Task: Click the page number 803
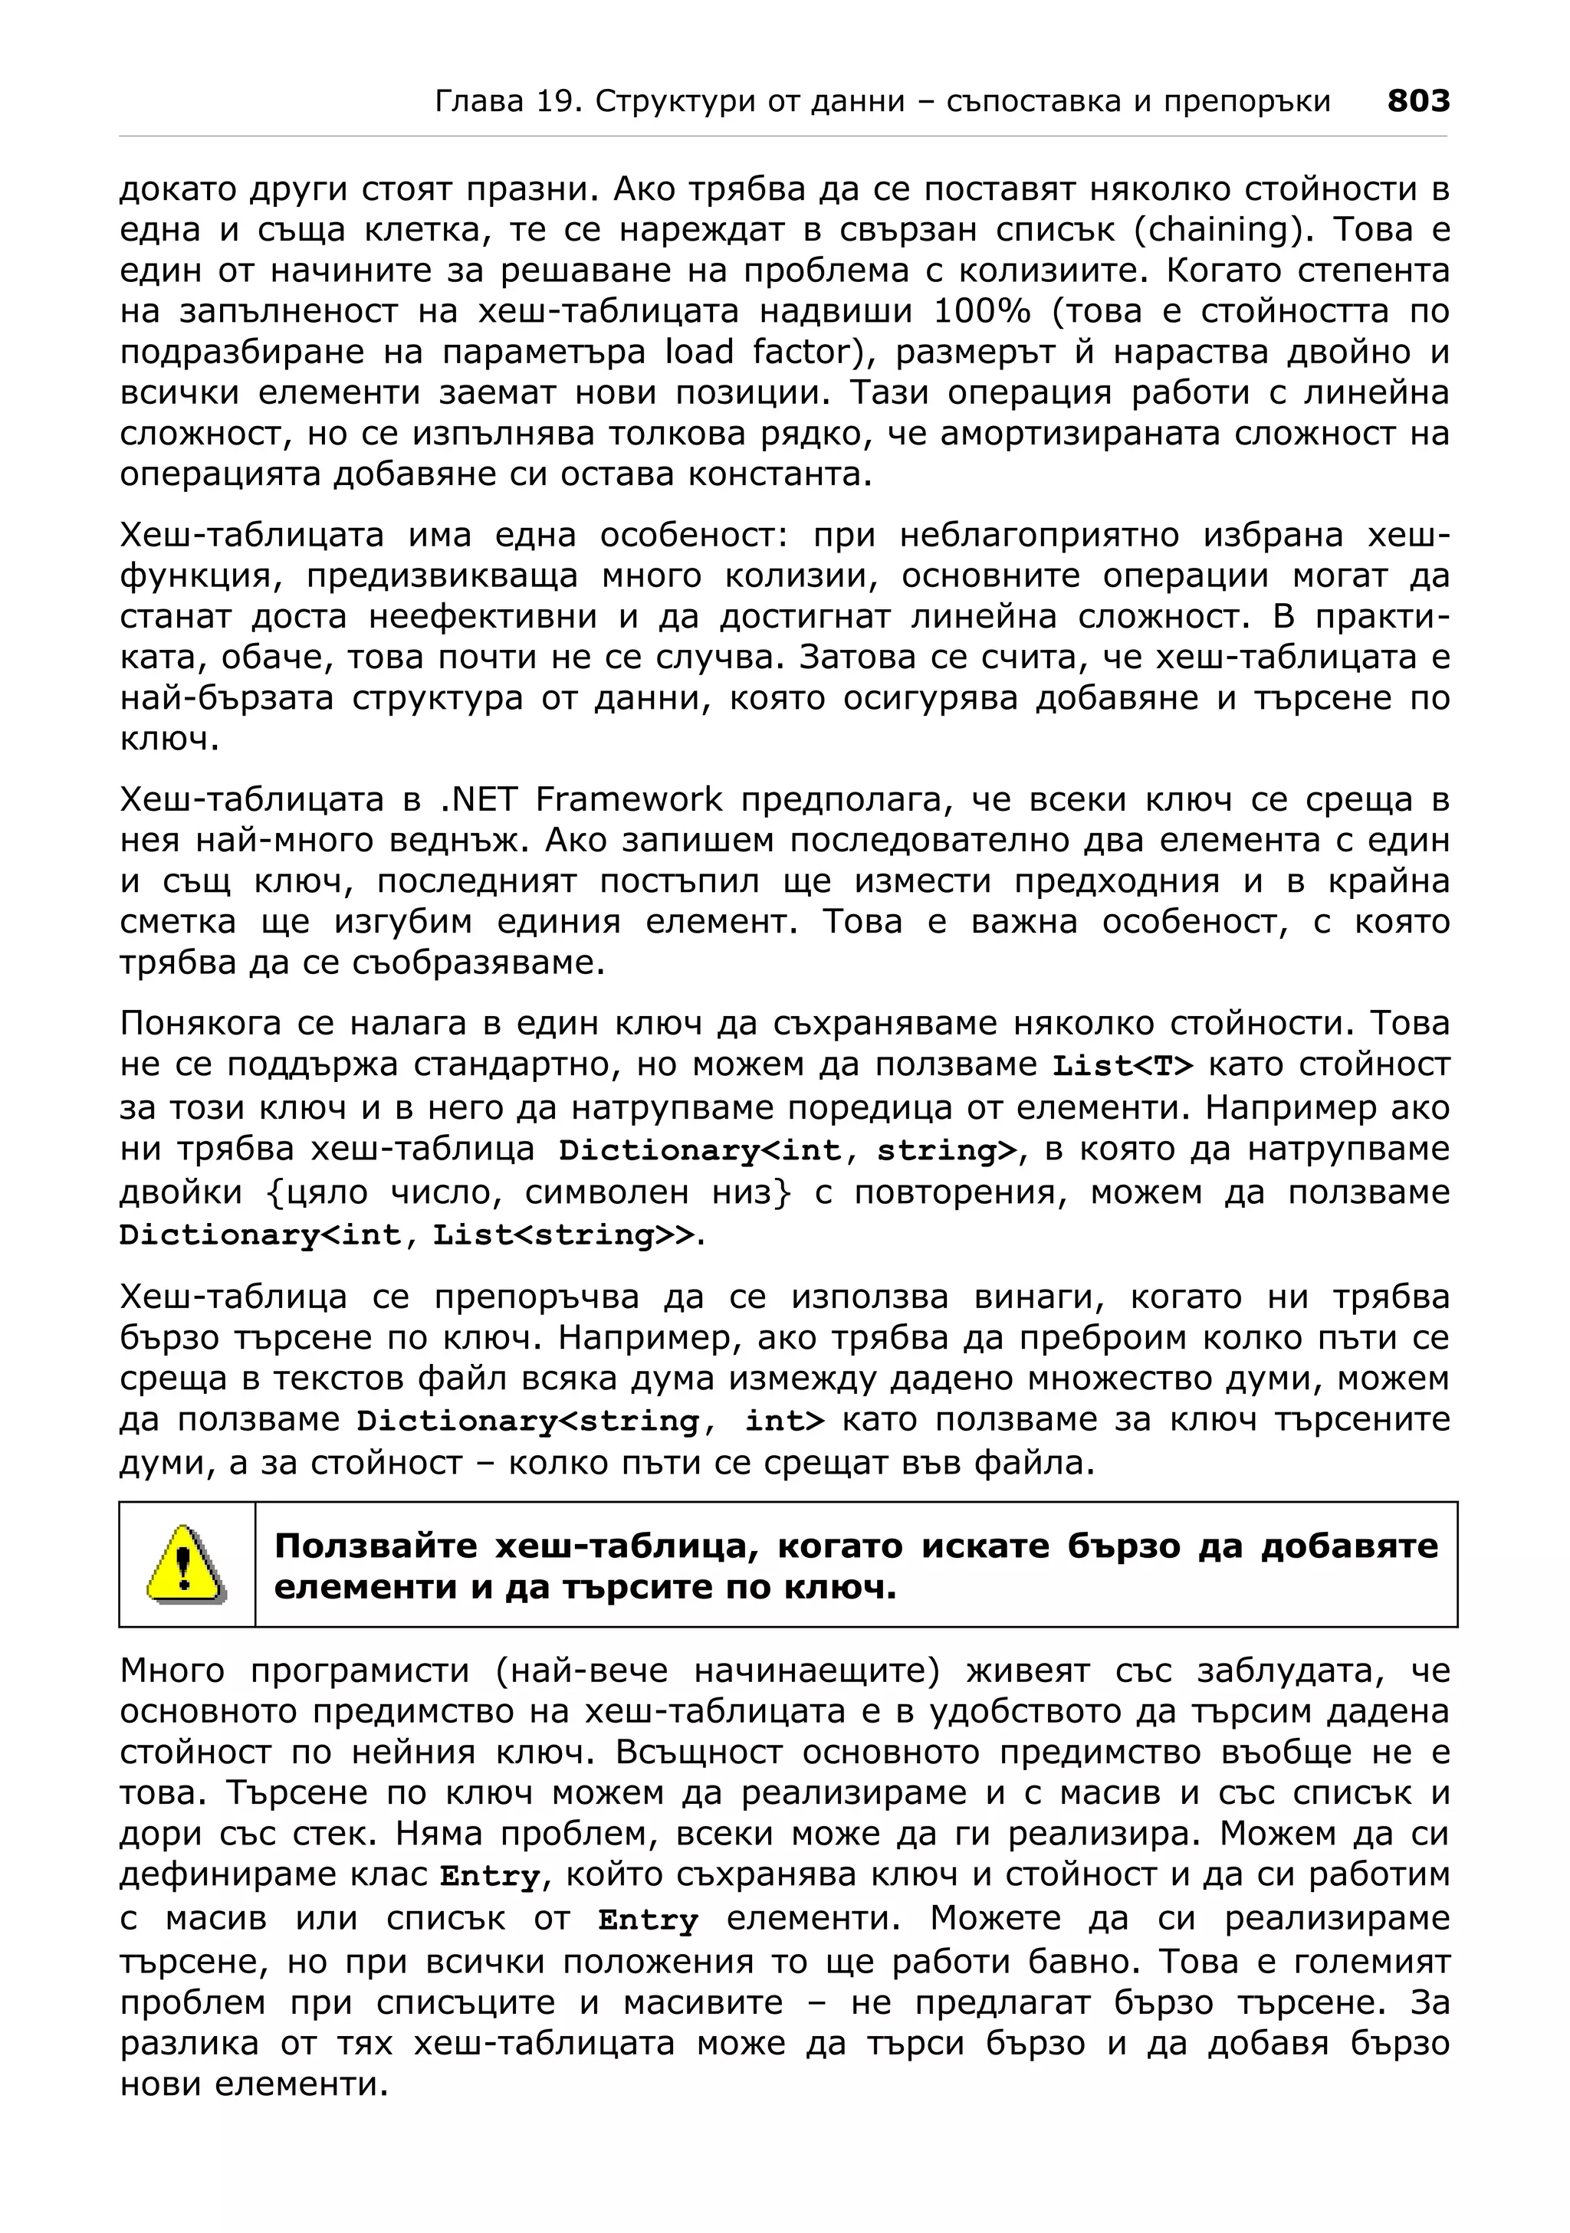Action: click(x=1417, y=101)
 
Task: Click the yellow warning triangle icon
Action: click(x=186, y=1565)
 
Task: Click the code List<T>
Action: click(x=1122, y=1067)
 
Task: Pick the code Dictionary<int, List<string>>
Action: click(x=409, y=1235)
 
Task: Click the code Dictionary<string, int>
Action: click(x=590, y=1421)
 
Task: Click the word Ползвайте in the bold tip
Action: click(x=376, y=1546)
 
